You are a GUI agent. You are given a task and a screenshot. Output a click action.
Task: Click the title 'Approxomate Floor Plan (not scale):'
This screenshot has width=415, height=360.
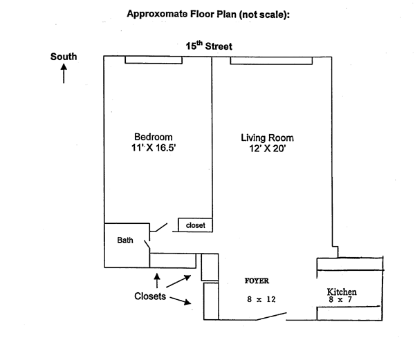pos(207,13)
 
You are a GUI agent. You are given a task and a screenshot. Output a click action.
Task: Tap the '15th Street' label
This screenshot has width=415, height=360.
pos(208,46)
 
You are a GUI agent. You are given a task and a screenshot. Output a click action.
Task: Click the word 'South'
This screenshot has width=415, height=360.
pos(64,57)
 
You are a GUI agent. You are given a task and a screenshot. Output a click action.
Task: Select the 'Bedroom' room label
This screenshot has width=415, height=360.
pos(154,137)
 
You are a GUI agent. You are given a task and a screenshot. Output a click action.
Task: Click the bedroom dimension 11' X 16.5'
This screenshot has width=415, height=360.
pos(154,148)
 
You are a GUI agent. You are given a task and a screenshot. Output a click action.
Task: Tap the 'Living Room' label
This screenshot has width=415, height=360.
pos(264,137)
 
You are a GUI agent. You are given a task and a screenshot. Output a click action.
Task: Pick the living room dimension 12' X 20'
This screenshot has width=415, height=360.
pos(264,148)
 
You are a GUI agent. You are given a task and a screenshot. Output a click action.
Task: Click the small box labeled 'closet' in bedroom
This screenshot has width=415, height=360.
pos(195,225)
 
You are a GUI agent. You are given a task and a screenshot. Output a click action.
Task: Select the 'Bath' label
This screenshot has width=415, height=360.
pos(125,240)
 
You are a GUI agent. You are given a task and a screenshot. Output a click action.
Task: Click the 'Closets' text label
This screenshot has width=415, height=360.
pos(149,296)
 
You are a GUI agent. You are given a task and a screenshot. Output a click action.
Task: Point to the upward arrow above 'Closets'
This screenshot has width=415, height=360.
pos(157,280)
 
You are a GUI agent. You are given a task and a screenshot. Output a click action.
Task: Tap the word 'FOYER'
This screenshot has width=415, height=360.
pos(257,281)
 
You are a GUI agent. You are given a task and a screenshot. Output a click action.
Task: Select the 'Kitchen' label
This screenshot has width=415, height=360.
pos(342,292)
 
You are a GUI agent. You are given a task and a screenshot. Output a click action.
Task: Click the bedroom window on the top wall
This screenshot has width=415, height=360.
pos(154,61)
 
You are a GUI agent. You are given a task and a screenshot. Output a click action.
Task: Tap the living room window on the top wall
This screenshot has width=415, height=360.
pos(273,61)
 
